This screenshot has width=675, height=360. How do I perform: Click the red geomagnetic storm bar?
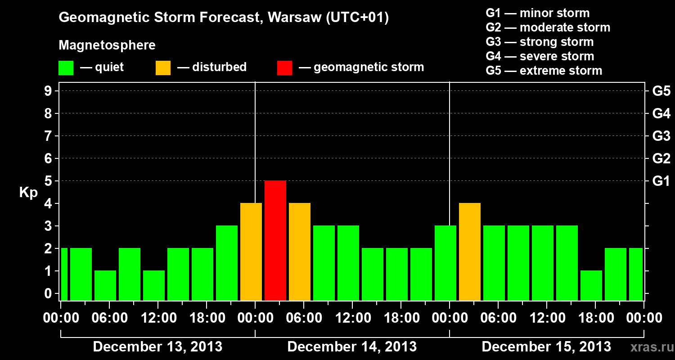275,240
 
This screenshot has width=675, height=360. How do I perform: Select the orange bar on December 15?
470,252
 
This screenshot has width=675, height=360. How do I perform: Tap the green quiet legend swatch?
66,68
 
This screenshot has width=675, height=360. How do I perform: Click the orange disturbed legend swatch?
163,68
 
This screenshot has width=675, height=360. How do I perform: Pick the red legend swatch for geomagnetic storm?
284,68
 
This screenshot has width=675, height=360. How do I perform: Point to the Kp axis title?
28,192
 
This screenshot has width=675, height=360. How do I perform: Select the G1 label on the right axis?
661,181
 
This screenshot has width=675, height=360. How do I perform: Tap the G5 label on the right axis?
661,91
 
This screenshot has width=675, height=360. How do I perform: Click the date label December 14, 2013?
352,347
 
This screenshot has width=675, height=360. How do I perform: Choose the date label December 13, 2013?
157,347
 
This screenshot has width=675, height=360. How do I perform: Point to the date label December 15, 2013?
546,347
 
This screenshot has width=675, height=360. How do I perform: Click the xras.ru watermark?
648,347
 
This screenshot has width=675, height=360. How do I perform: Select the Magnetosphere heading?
107,45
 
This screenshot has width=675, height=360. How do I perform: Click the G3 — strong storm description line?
540,42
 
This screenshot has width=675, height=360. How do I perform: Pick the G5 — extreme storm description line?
544,71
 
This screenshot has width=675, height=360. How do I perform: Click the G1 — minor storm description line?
537,13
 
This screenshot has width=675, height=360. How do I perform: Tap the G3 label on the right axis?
661,136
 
